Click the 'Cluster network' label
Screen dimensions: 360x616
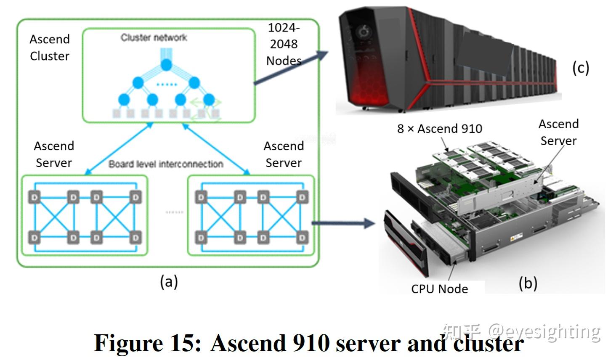(x=154, y=38)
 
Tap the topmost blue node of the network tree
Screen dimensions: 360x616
(x=167, y=65)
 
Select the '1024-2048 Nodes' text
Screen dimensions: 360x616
(x=284, y=44)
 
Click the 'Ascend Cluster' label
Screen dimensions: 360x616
(x=49, y=48)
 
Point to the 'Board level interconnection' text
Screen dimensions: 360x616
(x=166, y=164)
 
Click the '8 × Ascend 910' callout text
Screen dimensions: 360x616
(x=439, y=129)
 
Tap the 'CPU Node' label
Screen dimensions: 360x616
(x=439, y=289)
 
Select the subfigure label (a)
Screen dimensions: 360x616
(x=169, y=281)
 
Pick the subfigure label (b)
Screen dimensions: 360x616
(x=528, y=283)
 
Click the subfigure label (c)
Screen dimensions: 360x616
(x=580, y=68)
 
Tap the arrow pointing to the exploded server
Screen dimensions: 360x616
(x=343, y=223)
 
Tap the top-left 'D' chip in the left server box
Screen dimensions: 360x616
(x=35, y=197)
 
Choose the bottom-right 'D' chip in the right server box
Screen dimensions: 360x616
(x=302, y=238)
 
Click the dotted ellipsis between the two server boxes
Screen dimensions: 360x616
(x=174, y=212)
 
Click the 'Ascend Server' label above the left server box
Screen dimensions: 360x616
(x=54, y=154)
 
